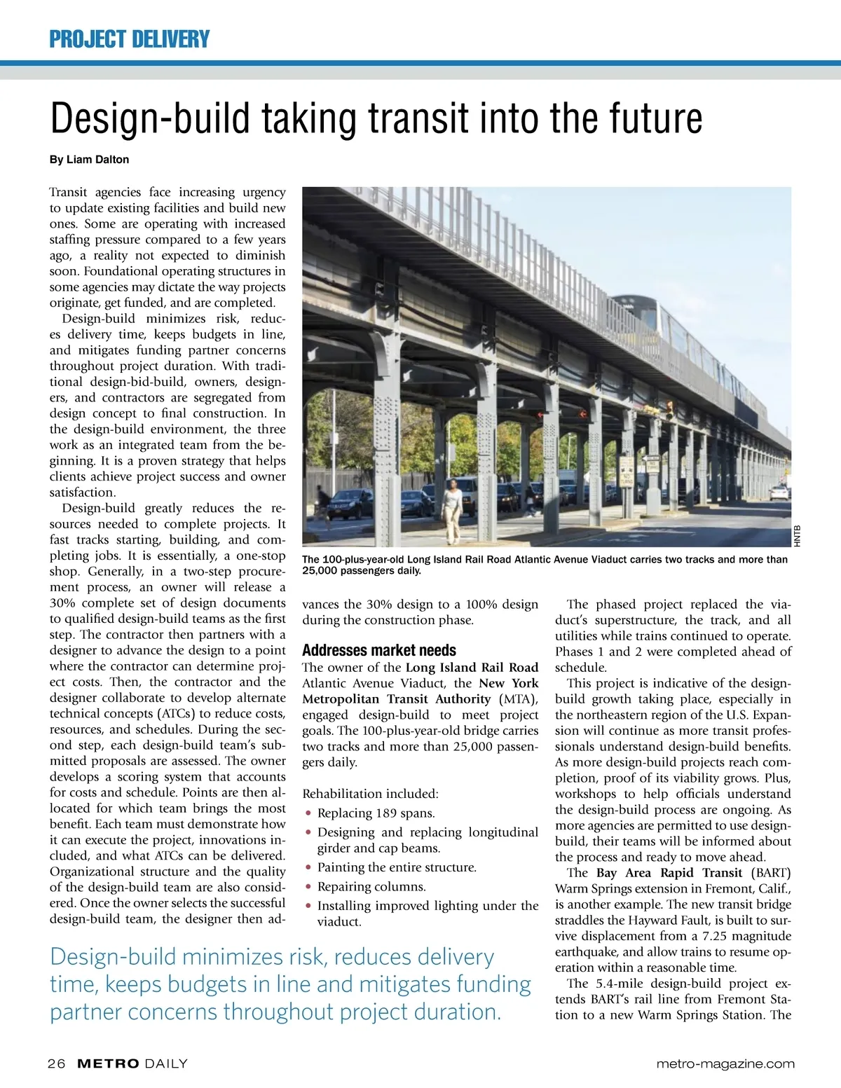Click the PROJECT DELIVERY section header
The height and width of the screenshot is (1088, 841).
pos(129,39)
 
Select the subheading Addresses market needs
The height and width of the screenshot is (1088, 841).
pos(378,650)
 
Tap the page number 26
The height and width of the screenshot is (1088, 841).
pos(56,1063)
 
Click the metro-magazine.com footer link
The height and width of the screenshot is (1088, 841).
pos(725,1063)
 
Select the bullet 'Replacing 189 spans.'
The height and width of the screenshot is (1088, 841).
pos(376,813)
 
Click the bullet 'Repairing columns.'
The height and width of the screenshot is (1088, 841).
pos(371,887)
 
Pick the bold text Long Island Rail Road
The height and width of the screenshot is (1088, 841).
pos(472,668)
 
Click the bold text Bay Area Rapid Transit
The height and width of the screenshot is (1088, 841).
pos(669,873)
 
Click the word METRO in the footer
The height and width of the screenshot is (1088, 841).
pos(107,1063)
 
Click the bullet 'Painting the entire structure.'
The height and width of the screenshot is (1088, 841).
pos(397,867)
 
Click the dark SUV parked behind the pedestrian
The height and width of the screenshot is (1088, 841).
pos(350,503)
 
